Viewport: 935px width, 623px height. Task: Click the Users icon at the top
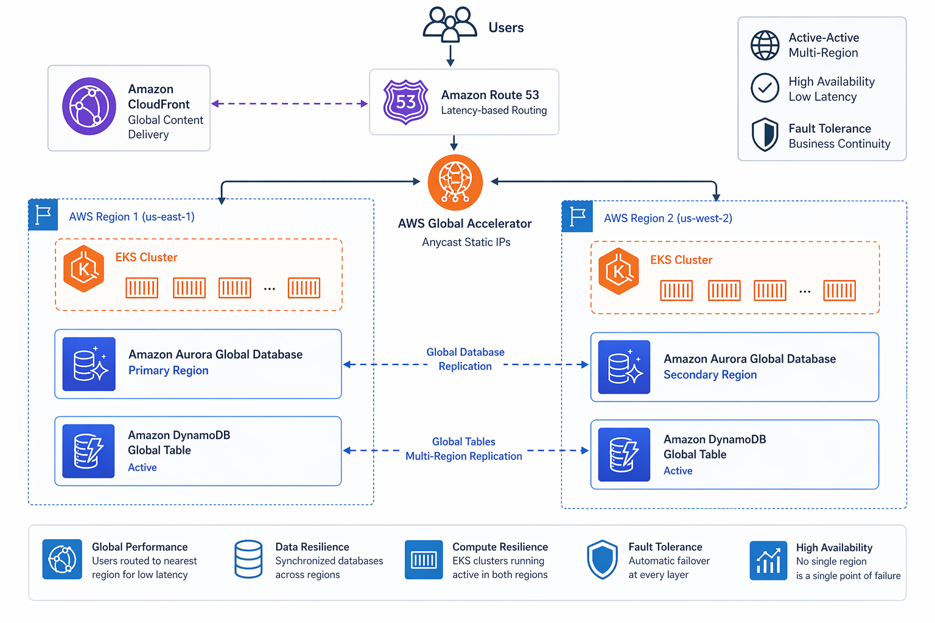(450, 24)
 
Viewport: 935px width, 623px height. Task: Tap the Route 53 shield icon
(405, 102)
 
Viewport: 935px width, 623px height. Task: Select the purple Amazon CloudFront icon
(89, 106)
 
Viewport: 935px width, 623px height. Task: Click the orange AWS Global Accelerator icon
(455, 182)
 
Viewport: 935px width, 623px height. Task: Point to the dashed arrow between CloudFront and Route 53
(289, 103)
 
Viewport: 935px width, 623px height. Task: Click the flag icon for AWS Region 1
(43, 215)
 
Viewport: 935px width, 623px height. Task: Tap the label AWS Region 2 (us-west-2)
(667, 218)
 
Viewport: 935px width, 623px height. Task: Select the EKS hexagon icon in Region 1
(83, 269)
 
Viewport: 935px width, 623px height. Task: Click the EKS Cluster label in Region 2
(681, 260)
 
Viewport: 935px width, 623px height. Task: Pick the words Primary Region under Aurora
(168, 371)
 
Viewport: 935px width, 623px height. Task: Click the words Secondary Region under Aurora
(710, 375)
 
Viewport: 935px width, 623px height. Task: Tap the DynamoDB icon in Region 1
(89, 451)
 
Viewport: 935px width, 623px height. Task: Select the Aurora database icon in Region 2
(624, 367)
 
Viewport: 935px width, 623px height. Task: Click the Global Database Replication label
(465, 359)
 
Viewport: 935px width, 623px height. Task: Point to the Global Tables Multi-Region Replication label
(464, 449)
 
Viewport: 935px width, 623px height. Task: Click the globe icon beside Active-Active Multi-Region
(765, 46)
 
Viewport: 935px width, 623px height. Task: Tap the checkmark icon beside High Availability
(765, 88)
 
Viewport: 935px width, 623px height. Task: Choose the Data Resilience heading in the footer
(312, 547)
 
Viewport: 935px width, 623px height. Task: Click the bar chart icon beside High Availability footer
(768, 560)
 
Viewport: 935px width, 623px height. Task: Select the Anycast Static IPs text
(466, 242)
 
